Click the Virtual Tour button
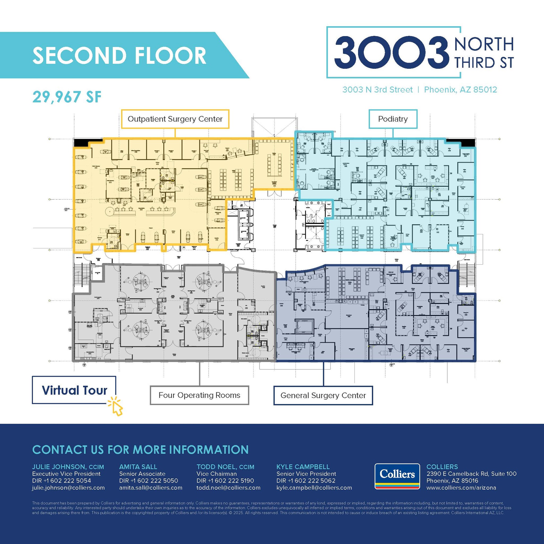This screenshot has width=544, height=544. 74,390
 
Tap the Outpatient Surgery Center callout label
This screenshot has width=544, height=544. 175,119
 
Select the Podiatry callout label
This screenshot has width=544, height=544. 393,119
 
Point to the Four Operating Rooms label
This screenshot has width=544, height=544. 199,395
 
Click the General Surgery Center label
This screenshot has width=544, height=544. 323,395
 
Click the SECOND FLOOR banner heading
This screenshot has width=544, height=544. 119,55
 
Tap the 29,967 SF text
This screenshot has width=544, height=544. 67,97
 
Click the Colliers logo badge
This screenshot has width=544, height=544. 397,476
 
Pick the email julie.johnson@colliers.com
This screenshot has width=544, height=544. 69,488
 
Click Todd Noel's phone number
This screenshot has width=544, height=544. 225,481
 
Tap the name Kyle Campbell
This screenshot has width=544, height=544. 303,467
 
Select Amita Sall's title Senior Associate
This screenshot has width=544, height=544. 142,474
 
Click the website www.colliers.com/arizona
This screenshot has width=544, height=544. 461,488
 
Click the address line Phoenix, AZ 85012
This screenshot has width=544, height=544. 460,90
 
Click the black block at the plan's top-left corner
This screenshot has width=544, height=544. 81,143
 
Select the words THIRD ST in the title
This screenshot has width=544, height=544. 484,62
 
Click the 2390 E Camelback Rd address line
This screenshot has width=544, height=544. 471,474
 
